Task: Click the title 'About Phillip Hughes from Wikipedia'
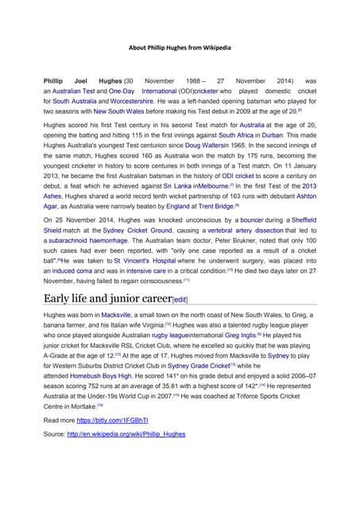[180, 47]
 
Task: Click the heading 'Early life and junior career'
[107, 321]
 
